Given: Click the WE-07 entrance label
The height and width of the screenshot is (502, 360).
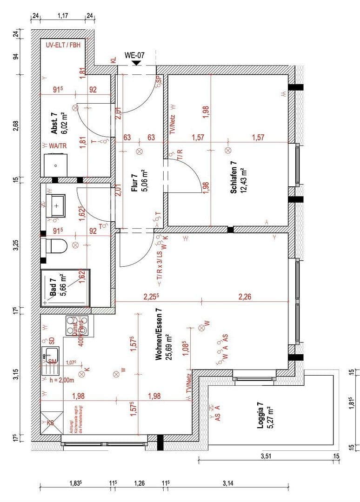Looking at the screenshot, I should (x=134, y=55).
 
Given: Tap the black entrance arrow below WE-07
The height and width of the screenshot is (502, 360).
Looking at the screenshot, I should (x=135, y=63).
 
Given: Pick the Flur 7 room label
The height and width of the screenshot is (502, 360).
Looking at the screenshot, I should (x=134, y=183).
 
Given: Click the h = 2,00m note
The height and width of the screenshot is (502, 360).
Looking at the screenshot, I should (x=61, y=380).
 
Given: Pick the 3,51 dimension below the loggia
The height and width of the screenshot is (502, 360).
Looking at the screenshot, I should (x=265, y=456).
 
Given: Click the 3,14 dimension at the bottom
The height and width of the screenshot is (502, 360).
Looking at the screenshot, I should (x=227, y=483).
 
